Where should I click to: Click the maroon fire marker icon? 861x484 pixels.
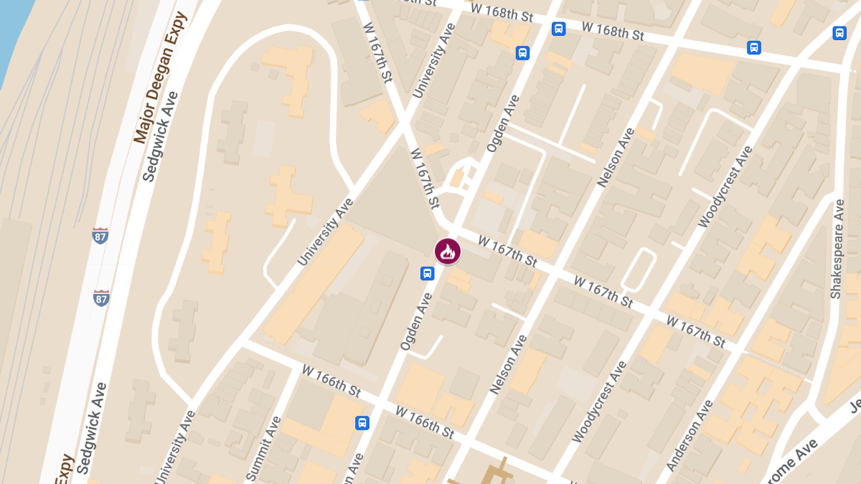447,252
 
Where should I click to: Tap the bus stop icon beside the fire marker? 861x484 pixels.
427,273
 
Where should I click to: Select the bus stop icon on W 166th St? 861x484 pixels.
362,422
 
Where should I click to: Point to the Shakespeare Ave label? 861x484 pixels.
837,248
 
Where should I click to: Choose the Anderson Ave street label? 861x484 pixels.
690,435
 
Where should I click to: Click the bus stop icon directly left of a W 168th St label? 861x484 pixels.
558,29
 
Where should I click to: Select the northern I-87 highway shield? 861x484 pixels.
100,235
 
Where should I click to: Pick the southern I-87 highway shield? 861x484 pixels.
101,298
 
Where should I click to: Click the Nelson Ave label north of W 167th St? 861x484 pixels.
616,157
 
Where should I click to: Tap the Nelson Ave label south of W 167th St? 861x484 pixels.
508,364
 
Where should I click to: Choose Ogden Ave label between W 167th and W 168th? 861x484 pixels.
502,123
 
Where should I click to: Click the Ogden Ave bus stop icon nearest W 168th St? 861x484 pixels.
522,52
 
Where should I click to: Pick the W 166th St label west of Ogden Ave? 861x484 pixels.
331,381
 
